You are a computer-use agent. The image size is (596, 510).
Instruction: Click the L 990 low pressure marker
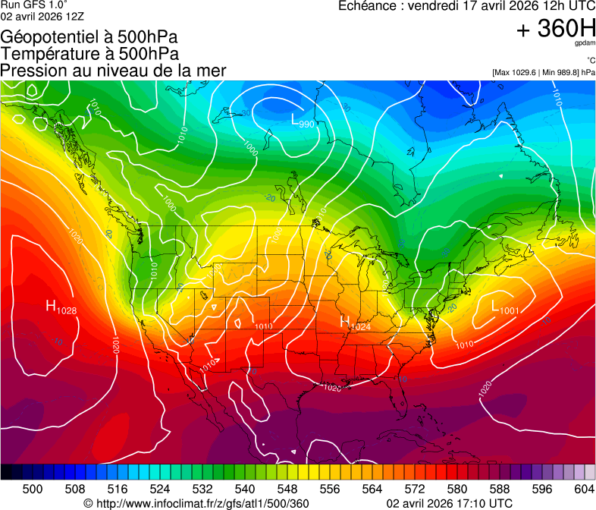click(x=302, y=120)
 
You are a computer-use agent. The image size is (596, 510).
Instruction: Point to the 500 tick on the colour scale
click(x=33, y=488)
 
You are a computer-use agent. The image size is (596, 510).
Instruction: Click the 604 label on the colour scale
click(x=583, y=488)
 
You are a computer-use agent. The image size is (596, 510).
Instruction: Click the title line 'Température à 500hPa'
click(x=89, y=53)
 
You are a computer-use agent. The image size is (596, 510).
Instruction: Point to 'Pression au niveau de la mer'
click(x=113, y=71)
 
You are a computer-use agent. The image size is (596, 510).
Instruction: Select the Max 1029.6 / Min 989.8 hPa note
click(x=543, y=73)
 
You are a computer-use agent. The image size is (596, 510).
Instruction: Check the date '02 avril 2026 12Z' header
click(x=44, y=16)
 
